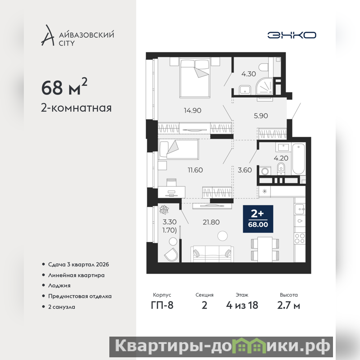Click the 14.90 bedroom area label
[x=193, y=110]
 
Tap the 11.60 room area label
[x=195, y=170]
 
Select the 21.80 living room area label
[x=211, y=222]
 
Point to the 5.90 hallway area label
[x=261, y=116]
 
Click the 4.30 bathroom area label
[x=248, y=74]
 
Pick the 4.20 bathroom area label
[x=281, y=158]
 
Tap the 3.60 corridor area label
[x=245, y=170]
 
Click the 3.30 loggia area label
[x=170, y=222]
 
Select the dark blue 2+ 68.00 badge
[x=258, y=219]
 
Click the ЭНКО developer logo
[x=292, y=35]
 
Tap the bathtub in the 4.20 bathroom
[x=298, y=159]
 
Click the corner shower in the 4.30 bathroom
[x=265, y=86]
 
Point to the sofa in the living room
[x=212, y=254]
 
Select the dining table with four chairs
[x=265, y=249]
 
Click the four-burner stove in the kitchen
[x=300, y=238]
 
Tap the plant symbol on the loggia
[x=164, y=209]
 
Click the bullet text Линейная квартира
[x=76, y=275]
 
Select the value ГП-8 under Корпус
[x=162, y=306]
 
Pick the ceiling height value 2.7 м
[x=288, y=306]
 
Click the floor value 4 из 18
[x=242, y=306]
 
